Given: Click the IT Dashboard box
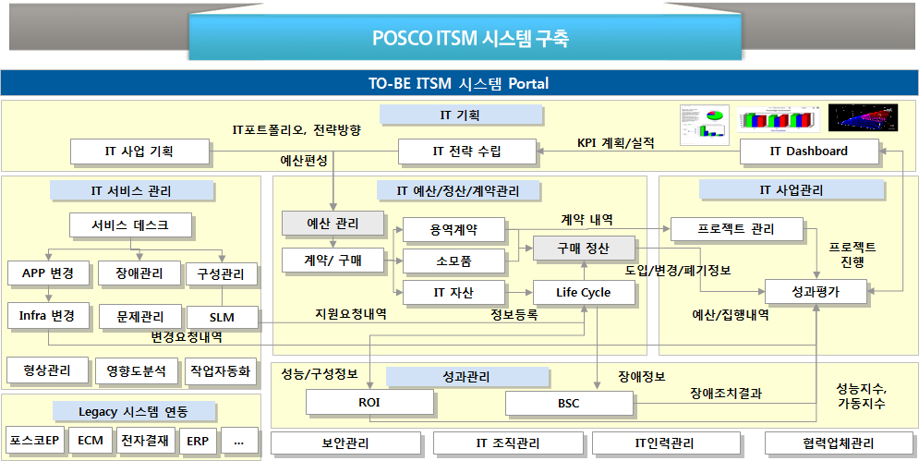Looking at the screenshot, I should pos(808,151).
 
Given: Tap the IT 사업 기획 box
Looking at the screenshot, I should pos(139,151).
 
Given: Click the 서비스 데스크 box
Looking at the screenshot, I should pos(131,224).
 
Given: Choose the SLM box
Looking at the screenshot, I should pos(222,317).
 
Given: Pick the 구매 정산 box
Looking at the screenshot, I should pos(584,248).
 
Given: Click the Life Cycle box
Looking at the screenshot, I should pos(584,293).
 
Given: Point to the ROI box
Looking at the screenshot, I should pos(369,403).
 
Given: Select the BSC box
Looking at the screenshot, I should pos(568,403).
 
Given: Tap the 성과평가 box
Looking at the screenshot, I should pos(816,292).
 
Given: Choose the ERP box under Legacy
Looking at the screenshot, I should pos(197,441).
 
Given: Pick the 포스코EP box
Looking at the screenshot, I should pos(35,441).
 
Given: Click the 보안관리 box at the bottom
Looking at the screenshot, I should pos(345,443).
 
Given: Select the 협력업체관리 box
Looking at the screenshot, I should pos(839,443).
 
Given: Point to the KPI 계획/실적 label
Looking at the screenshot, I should pos(615,142).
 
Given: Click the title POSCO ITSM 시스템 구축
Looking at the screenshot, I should pos(470,39).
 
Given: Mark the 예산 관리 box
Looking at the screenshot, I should pos(333,223).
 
